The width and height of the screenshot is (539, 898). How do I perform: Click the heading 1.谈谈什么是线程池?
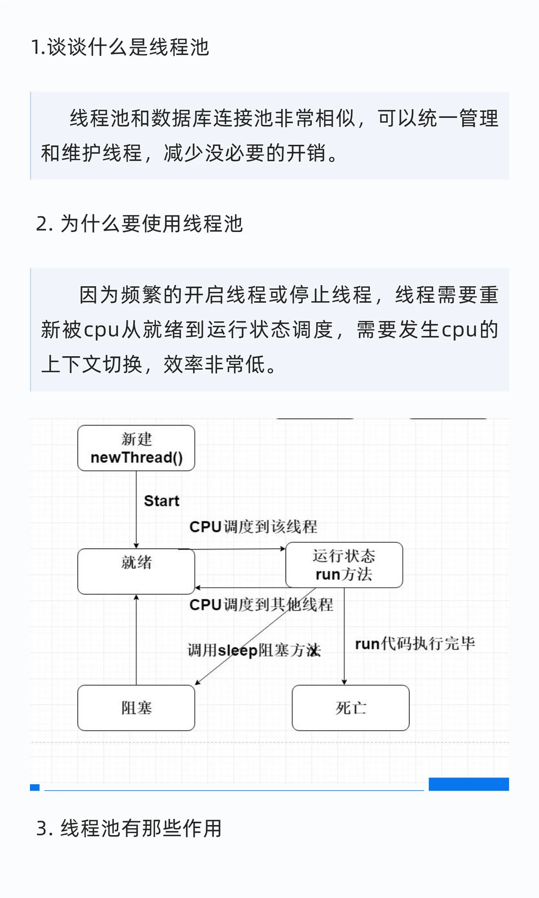(120, 47)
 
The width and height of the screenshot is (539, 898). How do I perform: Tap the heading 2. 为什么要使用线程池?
(139, 224)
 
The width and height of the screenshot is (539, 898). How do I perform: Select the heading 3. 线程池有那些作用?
(129, 828)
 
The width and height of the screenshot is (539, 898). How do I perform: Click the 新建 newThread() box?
(136, 448)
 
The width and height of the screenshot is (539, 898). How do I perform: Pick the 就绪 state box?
(136, 571)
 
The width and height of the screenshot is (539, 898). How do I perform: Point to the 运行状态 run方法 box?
(344, 565)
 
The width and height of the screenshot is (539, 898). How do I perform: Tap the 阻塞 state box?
(136, 708)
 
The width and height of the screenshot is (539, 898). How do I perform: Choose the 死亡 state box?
(350, 708)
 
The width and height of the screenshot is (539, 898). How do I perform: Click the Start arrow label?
(161, 501)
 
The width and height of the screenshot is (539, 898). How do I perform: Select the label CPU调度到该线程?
(253, 527)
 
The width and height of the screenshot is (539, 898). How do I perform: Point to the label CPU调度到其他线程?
(261, 605)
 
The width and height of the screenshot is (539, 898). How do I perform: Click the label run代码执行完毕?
(415, 644)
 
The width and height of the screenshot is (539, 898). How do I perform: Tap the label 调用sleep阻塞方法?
(254, 651)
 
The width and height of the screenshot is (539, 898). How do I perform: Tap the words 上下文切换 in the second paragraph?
(92, 365)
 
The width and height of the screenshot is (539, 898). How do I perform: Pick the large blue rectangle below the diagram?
(469, 784)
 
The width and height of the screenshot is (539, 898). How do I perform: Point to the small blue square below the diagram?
(34, 787)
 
